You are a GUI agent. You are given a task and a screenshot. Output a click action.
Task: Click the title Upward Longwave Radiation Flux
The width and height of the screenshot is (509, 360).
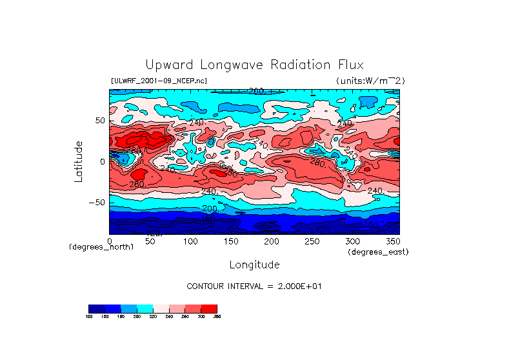[x=254, y=65]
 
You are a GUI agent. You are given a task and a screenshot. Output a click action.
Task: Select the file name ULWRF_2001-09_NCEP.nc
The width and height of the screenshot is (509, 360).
[x=159, y=81]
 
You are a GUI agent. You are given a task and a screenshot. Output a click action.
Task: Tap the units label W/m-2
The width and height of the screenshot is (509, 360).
[x=370, y=81]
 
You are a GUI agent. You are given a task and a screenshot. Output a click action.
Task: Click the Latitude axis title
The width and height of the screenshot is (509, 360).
[x=79, y=161]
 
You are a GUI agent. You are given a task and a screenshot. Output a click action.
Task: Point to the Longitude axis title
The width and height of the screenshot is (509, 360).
[x=254, y=265]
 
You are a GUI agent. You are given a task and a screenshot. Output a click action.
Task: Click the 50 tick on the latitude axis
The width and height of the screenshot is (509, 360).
[x=100, y=121]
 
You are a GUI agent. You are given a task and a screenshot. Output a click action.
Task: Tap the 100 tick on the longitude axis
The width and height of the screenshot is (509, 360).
[x=190, y=241]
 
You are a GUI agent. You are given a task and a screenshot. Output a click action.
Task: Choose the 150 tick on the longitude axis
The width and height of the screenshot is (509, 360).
[x=231, y=241]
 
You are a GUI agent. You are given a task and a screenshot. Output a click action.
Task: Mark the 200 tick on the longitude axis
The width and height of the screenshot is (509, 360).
[x=271, y=241]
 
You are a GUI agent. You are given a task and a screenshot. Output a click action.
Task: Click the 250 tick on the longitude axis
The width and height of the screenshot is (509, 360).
[x=312, y=241]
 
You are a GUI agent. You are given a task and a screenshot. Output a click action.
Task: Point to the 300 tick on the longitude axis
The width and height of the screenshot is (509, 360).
[x=352, y=241]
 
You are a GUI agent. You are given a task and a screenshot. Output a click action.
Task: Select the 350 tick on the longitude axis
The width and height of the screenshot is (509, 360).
[x=392, y=241]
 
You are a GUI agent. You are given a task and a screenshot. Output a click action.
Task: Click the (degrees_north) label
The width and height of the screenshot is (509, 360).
[x=101, y=247]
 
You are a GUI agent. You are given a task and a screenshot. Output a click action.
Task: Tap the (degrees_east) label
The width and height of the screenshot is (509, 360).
[x=378, y=252]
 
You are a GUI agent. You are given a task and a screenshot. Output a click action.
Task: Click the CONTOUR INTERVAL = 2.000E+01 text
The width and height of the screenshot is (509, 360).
[x=254, y=286]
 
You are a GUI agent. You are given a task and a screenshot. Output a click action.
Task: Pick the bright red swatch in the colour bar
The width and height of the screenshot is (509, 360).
[x=209, y=308]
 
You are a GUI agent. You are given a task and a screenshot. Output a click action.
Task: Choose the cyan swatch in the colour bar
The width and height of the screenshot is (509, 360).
[x=145, y=308]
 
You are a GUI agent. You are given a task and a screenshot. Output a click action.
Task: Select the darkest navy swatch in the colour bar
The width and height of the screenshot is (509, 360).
[x=96, y=308]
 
